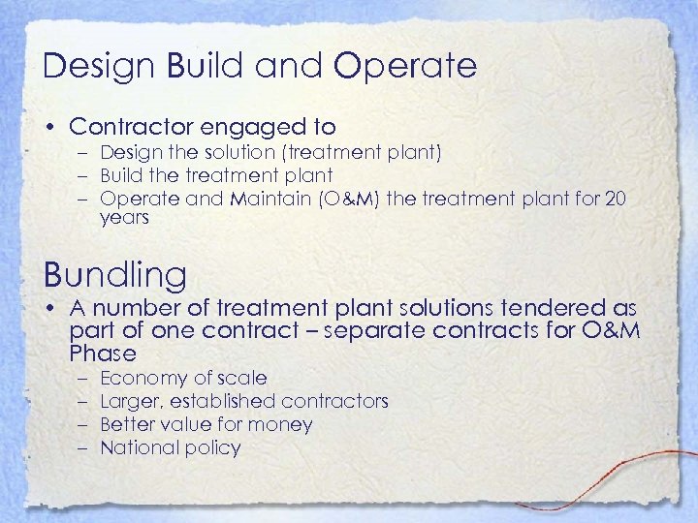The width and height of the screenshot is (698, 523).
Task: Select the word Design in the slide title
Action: point(99,66)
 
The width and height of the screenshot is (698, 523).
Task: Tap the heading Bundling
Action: point(114,276)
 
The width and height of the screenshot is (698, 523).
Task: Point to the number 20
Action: point(615,199)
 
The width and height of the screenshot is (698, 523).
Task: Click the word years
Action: point(124,218)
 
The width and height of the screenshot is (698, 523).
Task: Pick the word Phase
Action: point(104,353)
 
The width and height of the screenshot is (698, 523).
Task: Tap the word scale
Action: point(241,378)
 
